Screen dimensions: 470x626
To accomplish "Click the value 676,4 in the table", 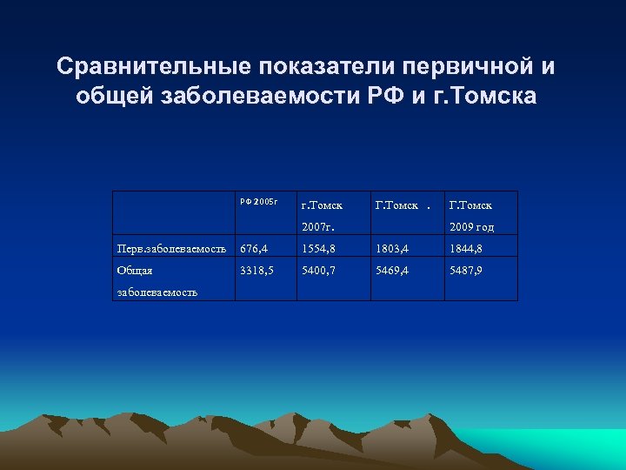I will click(256, 251).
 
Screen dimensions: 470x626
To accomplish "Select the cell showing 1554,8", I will click(320, 251).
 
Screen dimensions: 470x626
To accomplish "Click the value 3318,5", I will click(257, 271).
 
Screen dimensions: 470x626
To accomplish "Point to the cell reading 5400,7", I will click(321, 271).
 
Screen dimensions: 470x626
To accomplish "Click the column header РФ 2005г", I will click(258, 202).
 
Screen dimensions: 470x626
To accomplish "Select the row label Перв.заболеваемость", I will click(172, 251).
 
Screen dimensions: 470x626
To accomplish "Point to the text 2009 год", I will click(472, 227).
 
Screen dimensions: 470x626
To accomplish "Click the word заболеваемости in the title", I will click(255, 96).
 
